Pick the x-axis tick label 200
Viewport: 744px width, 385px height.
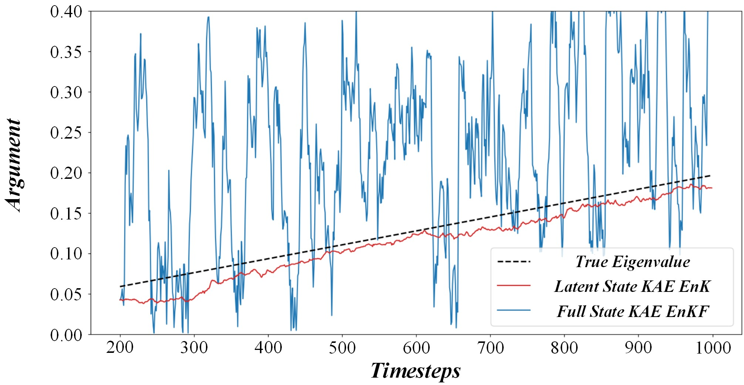point(120,348)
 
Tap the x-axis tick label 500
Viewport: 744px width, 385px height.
point(342,348)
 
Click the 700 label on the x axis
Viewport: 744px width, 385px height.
point(490,348)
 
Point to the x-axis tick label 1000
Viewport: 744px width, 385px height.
point(713,348)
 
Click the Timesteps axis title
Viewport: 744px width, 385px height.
point(416,371)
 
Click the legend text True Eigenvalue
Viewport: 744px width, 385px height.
point(632,262)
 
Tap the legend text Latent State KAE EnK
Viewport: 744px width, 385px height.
point(632,286)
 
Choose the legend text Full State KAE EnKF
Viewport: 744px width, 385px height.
point(632,311)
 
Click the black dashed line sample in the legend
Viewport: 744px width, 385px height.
point(514,262)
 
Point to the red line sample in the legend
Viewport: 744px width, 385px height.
point(514,286)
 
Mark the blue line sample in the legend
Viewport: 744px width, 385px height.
point(514,310)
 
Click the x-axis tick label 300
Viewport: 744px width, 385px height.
point(194,348)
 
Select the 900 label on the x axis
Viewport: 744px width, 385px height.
point(638,348)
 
